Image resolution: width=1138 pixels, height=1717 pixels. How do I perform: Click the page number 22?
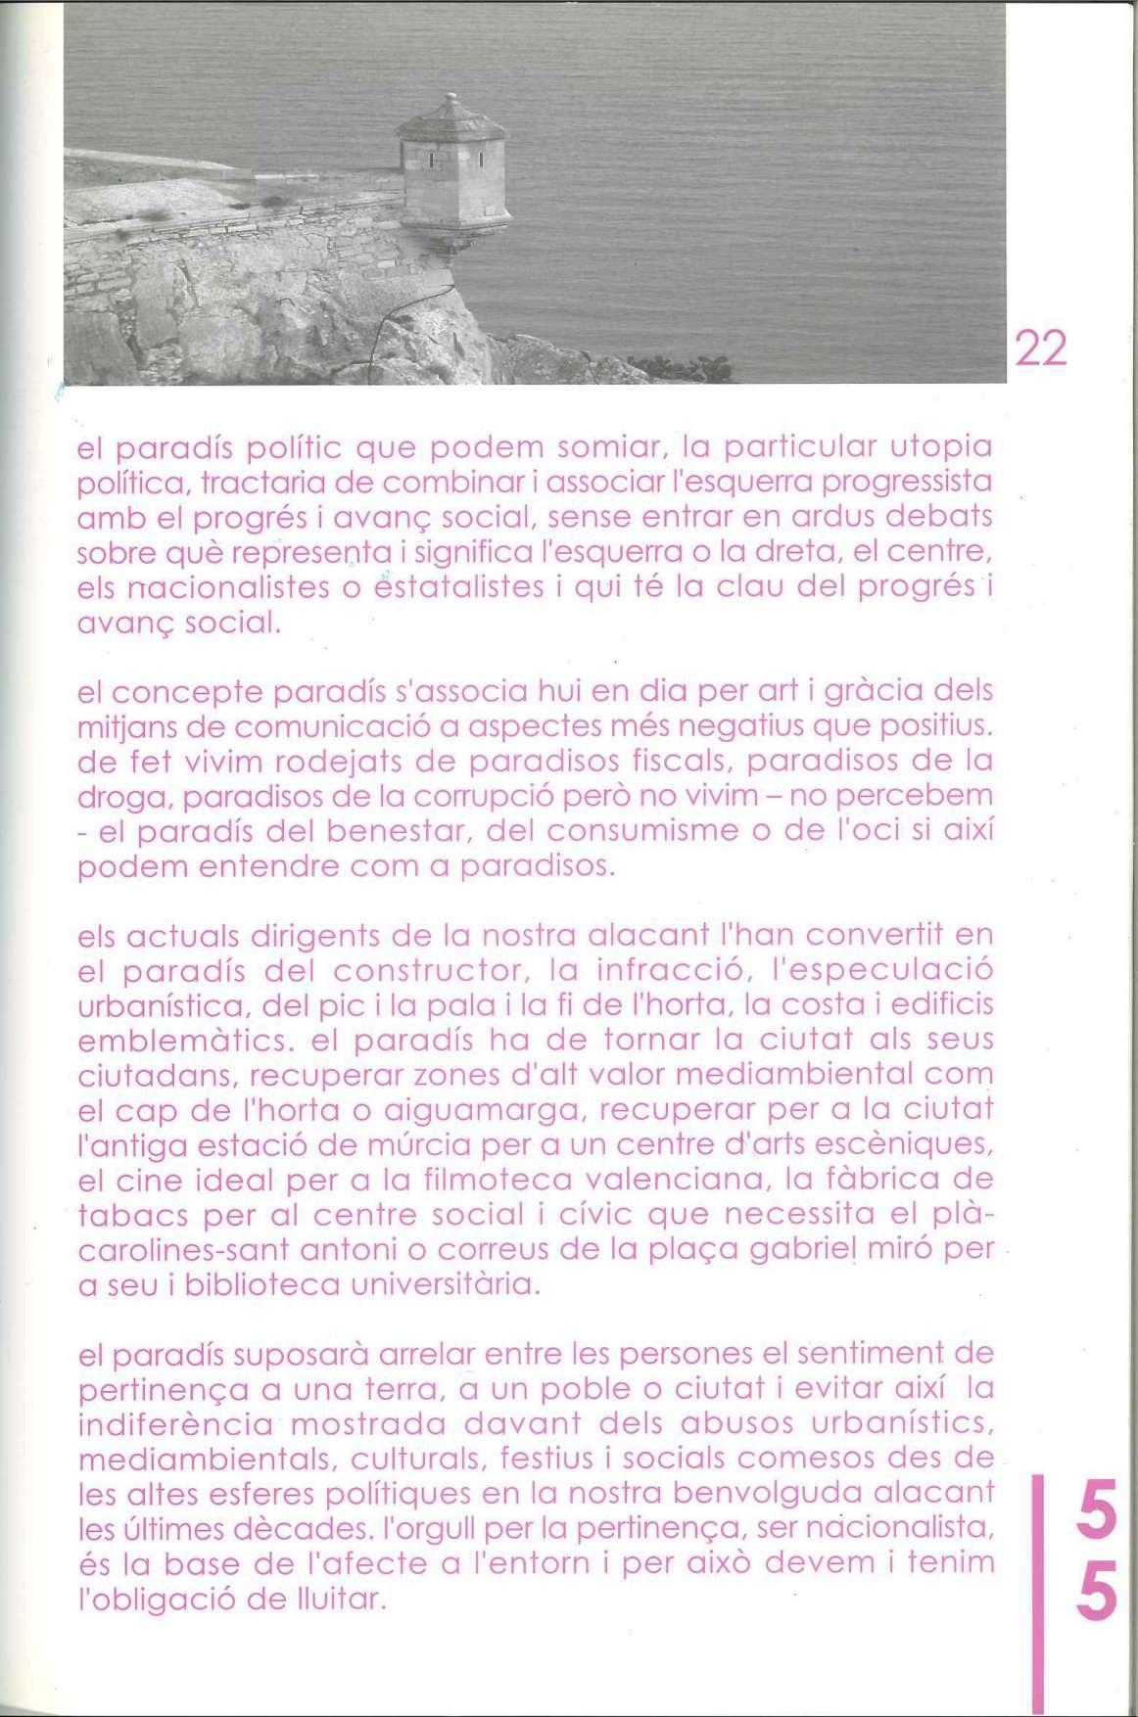pyautogui.click(x=1040, y=348)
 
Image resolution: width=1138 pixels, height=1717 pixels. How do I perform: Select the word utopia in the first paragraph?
pyautogui.click(x=940, y=447)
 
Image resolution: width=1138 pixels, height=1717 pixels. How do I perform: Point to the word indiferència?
pyautogui.click(x=176, y=1423)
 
